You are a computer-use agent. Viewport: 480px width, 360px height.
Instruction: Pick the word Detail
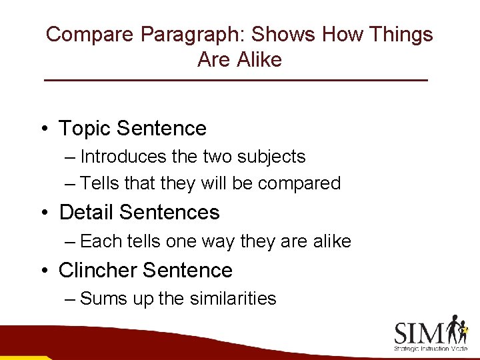tap(85, 213)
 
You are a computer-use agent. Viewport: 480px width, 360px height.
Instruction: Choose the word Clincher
tap(97, 271)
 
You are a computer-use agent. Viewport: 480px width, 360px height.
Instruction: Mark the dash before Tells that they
tap(71, 183)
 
